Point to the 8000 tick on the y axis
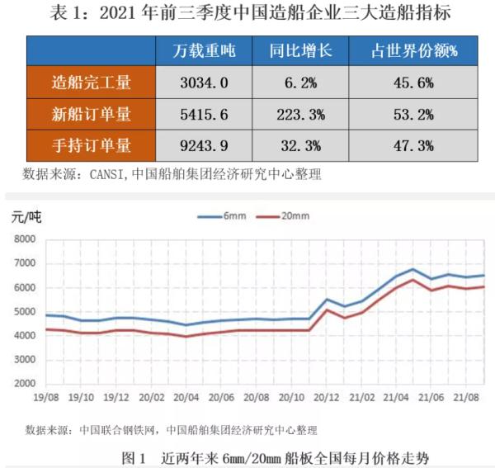26,240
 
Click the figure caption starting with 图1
275,456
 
